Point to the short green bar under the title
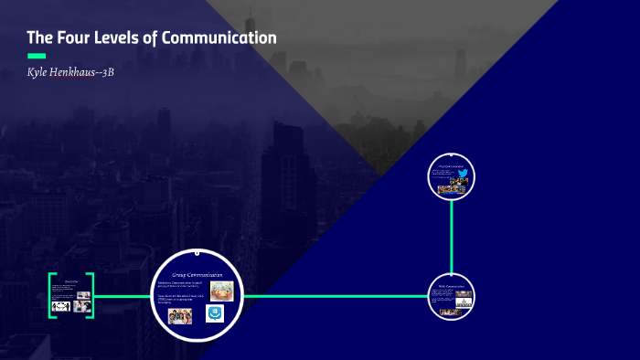click(37, 56)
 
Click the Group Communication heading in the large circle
click(197, 274)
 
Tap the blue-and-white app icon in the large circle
click(215, 313)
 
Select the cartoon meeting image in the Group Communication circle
click(221, 291)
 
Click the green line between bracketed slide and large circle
click(123, 296)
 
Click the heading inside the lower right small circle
click(452, 286)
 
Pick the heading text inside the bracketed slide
click(71, 281)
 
